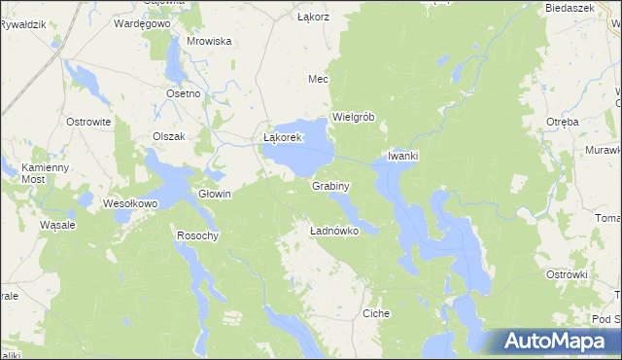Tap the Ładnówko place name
tap(334, 232)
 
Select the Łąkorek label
tap(285, 138)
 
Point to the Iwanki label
tap(402, 156)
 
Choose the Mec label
tap(318, 79)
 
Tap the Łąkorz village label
tap(313, 18)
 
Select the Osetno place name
tap(183, 93)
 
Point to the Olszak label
tap(168, 136)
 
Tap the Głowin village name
tap(215, 194)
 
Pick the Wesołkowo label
tap(130, 204)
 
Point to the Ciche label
tap(376, 314)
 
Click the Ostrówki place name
tap(568, 274)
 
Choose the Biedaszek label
tap(570, 7)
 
